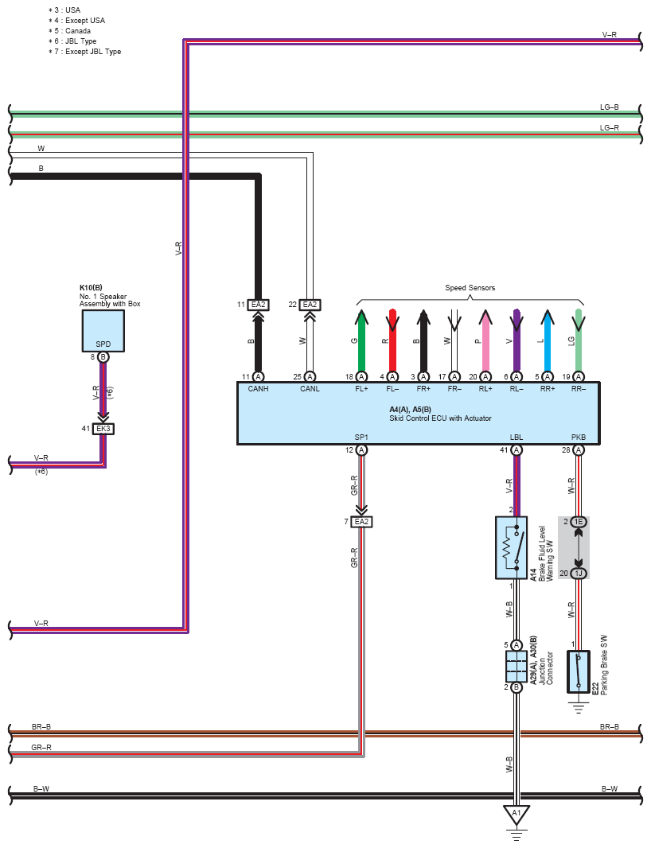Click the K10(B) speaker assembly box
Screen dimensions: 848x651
(x=103, y=330)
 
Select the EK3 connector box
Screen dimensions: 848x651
(x=103, y=429)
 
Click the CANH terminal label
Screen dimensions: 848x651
(x=259, y=389)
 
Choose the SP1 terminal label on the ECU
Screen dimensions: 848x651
(x=361, y=438)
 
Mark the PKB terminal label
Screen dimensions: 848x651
(x=579, y=438)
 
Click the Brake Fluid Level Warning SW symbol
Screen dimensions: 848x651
(x=511, y=547)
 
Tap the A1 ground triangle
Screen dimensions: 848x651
(x=517, y=814)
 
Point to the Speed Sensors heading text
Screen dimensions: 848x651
(x=470, y=288)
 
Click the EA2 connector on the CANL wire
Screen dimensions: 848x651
(x=310, y=305)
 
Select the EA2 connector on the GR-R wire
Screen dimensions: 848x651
(x=361, y=522)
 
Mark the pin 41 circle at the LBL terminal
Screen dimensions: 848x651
(x=517, y=450)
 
